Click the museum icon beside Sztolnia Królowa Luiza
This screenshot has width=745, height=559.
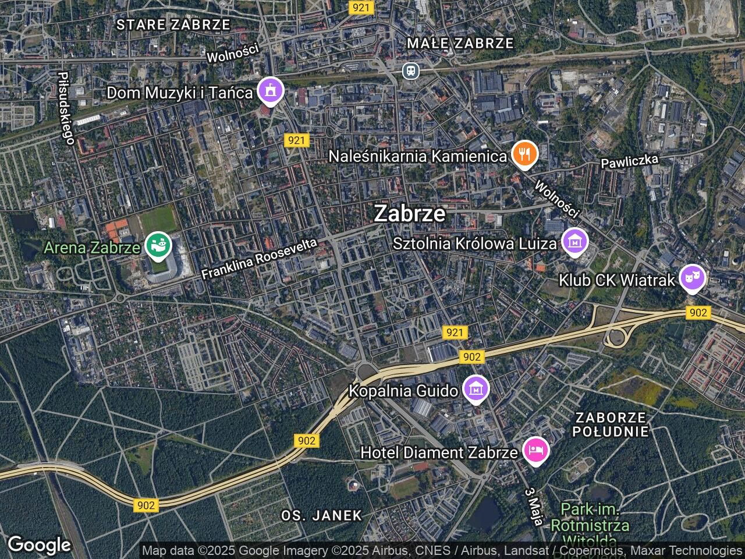click(x=574, y=242)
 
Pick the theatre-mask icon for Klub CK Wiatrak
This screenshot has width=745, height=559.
click(x=693, y=279)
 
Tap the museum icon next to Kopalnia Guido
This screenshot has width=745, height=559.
click(x=476, y=389)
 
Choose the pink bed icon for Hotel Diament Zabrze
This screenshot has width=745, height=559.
click(x=535, y=451)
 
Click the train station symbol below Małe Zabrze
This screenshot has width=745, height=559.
click(x=411, y=71)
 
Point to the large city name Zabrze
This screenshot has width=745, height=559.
click(x=410, y=213)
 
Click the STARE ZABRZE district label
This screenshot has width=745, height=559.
click(x=173, y=24)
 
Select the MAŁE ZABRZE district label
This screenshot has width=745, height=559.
click(x=460, y=43)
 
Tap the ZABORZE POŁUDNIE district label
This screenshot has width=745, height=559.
click(x=610, y=424)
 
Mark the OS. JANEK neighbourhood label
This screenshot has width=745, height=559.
click(x=321, y=515)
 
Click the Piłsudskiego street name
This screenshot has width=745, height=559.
click(x=67, y=108)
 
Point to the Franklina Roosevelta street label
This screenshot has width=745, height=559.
click(x=260, y=259)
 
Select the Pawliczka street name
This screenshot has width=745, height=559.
click(x=630, y=161)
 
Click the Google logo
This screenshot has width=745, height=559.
click(x=39, y=545)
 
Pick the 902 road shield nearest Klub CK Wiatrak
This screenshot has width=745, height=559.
click(x=697, y=313)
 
